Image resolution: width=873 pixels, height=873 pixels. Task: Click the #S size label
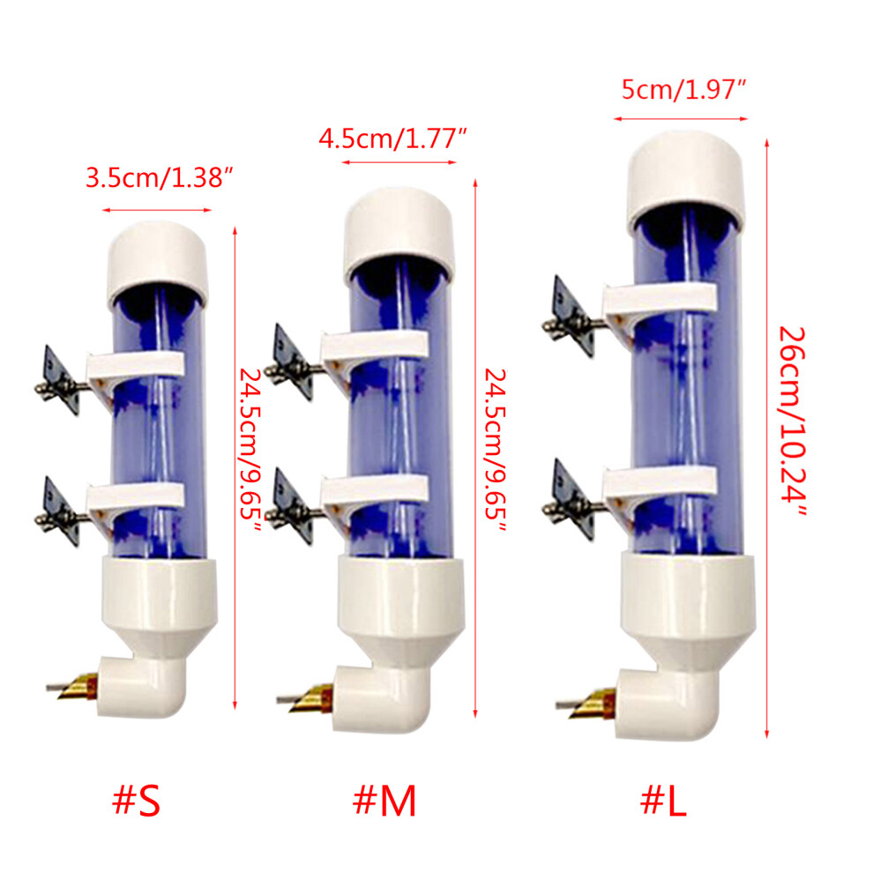coord(137,801)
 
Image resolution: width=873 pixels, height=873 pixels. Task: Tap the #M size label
coord(384,801)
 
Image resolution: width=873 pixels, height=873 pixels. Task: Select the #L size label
coord(663,801)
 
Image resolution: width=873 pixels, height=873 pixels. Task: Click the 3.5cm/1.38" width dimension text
coord(159,178)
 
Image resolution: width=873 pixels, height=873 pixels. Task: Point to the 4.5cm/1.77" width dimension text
coord(392,138)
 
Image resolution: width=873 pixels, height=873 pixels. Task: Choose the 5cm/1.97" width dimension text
coord(683,90)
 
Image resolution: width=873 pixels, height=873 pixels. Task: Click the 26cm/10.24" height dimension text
coord(792,422)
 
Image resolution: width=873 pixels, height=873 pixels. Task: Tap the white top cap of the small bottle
coord(158,262)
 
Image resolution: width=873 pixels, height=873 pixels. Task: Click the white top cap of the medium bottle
coord(399,233)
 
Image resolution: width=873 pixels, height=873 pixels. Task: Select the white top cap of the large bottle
coord(685,180)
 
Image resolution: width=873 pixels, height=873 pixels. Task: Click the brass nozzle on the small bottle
coord(78,686)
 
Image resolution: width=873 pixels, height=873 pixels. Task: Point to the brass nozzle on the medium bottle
coord(312,698)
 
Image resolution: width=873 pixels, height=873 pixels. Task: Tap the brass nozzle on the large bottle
coord(593,704)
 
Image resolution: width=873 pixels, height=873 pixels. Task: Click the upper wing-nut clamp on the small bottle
coord(61,381)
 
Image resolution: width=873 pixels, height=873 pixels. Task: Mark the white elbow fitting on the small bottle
coord(141,687)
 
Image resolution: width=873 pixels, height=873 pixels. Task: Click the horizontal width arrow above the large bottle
coord(681,118)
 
